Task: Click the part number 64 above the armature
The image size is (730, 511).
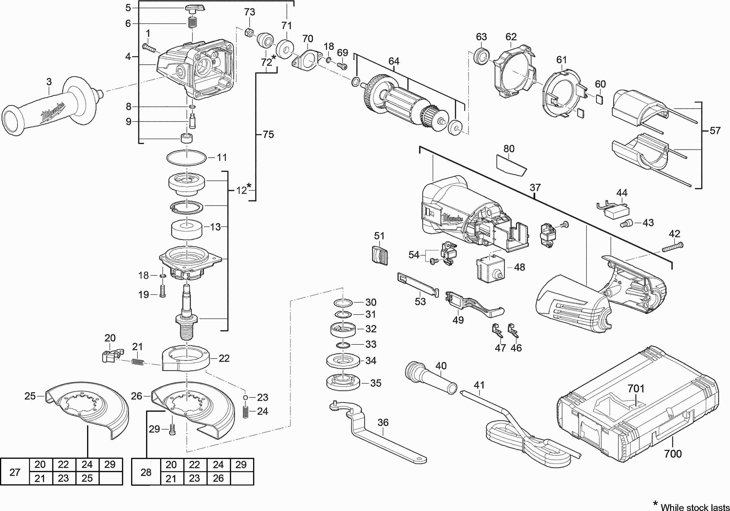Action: [394, 61]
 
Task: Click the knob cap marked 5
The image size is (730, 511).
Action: [194, 9]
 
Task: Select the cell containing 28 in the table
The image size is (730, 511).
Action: [146, 472]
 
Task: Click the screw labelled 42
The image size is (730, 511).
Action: [673, 247]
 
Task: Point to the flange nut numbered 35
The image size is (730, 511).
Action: [343, 383]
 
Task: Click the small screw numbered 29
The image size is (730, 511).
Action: [173, 430]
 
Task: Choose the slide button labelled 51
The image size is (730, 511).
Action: [380, 255]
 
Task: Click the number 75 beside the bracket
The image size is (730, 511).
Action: [268, 135]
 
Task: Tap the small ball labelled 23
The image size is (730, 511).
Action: [246, 397]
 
